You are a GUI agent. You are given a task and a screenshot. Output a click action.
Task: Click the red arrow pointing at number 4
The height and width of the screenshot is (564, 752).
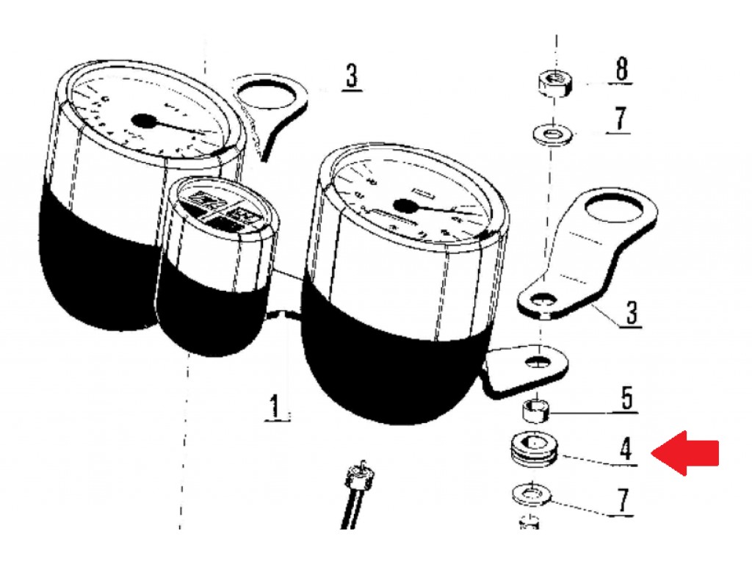[x=686, y=452]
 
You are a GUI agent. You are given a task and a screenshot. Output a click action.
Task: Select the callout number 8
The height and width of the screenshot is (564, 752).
[x=621, y=68]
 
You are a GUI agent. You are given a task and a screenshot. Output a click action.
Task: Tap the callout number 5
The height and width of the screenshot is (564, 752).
[x=627, y=398]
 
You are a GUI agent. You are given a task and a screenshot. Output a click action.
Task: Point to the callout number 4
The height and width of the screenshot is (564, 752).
[x=626, y=450]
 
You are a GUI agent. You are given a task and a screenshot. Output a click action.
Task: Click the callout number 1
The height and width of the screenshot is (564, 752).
[x=275, y=405]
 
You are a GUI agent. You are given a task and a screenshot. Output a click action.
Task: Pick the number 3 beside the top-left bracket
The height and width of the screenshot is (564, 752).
[x=352, y=76]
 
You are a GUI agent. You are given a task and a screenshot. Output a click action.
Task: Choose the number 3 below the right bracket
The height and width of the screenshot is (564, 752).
[x=632, y=313]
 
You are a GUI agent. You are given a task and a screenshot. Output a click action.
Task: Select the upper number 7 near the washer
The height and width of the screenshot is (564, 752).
[x=620, y=119]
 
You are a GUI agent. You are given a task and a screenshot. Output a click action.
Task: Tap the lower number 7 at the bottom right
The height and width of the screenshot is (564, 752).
[x=622, y=501]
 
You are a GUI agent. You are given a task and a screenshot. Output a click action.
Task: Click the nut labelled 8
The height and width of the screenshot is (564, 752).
[x=554, y=83]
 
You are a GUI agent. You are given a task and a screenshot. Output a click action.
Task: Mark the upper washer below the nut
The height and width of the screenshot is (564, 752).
[x=552, y=134]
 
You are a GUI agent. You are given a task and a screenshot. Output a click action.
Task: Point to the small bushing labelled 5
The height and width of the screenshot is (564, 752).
[x=535, y=409]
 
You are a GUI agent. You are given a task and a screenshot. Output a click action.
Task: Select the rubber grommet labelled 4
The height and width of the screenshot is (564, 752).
[x=534, y=450]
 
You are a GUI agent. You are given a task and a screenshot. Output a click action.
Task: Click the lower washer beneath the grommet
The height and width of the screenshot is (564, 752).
[x=532, y=494]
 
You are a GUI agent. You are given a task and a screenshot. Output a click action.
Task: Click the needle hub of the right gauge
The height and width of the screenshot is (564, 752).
[x=405, y=206]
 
